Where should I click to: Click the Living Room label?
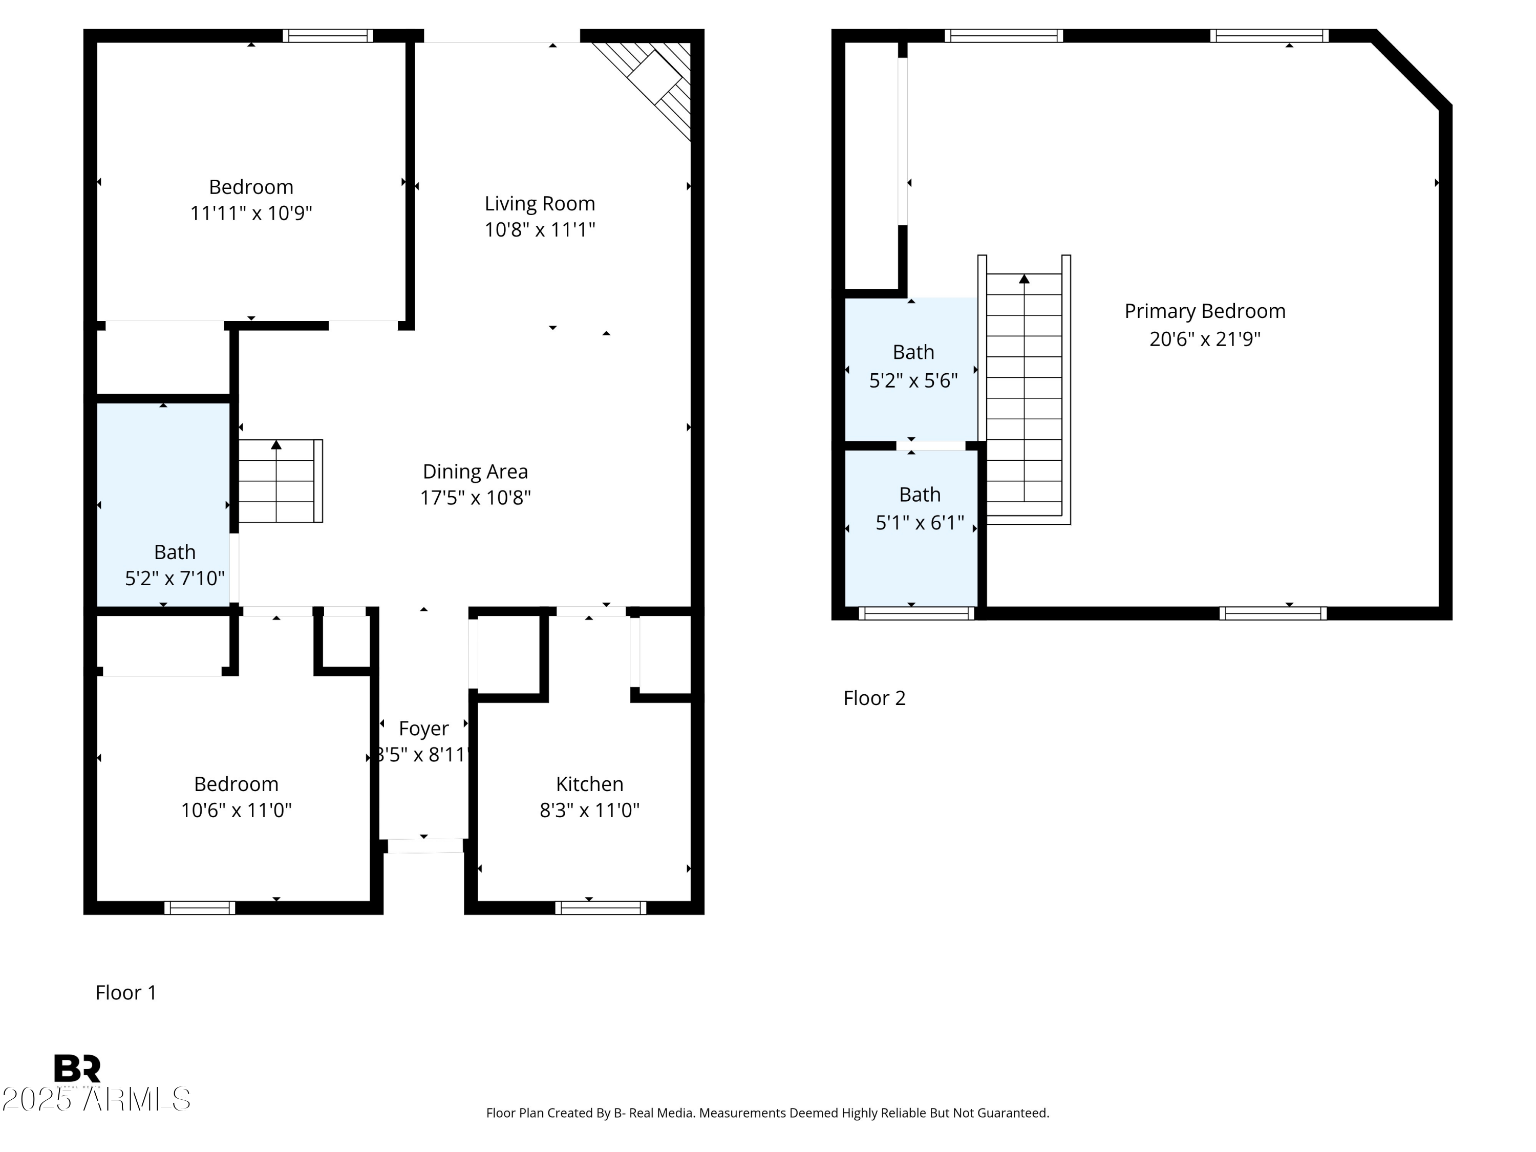tap(540, 203)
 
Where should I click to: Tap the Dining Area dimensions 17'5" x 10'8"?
tap(475, 498)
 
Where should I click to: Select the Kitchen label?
tap(589, 784)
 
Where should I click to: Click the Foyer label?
tap(423, 729)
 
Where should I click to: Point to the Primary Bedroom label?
tap(1204, 311)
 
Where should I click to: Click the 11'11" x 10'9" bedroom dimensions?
tap(251, 213)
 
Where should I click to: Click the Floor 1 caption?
tap(125, 992)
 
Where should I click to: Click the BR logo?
tap(77, 1069)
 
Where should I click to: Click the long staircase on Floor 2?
tap(1023, 389)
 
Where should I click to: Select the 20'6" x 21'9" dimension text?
tap(1204, 339)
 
